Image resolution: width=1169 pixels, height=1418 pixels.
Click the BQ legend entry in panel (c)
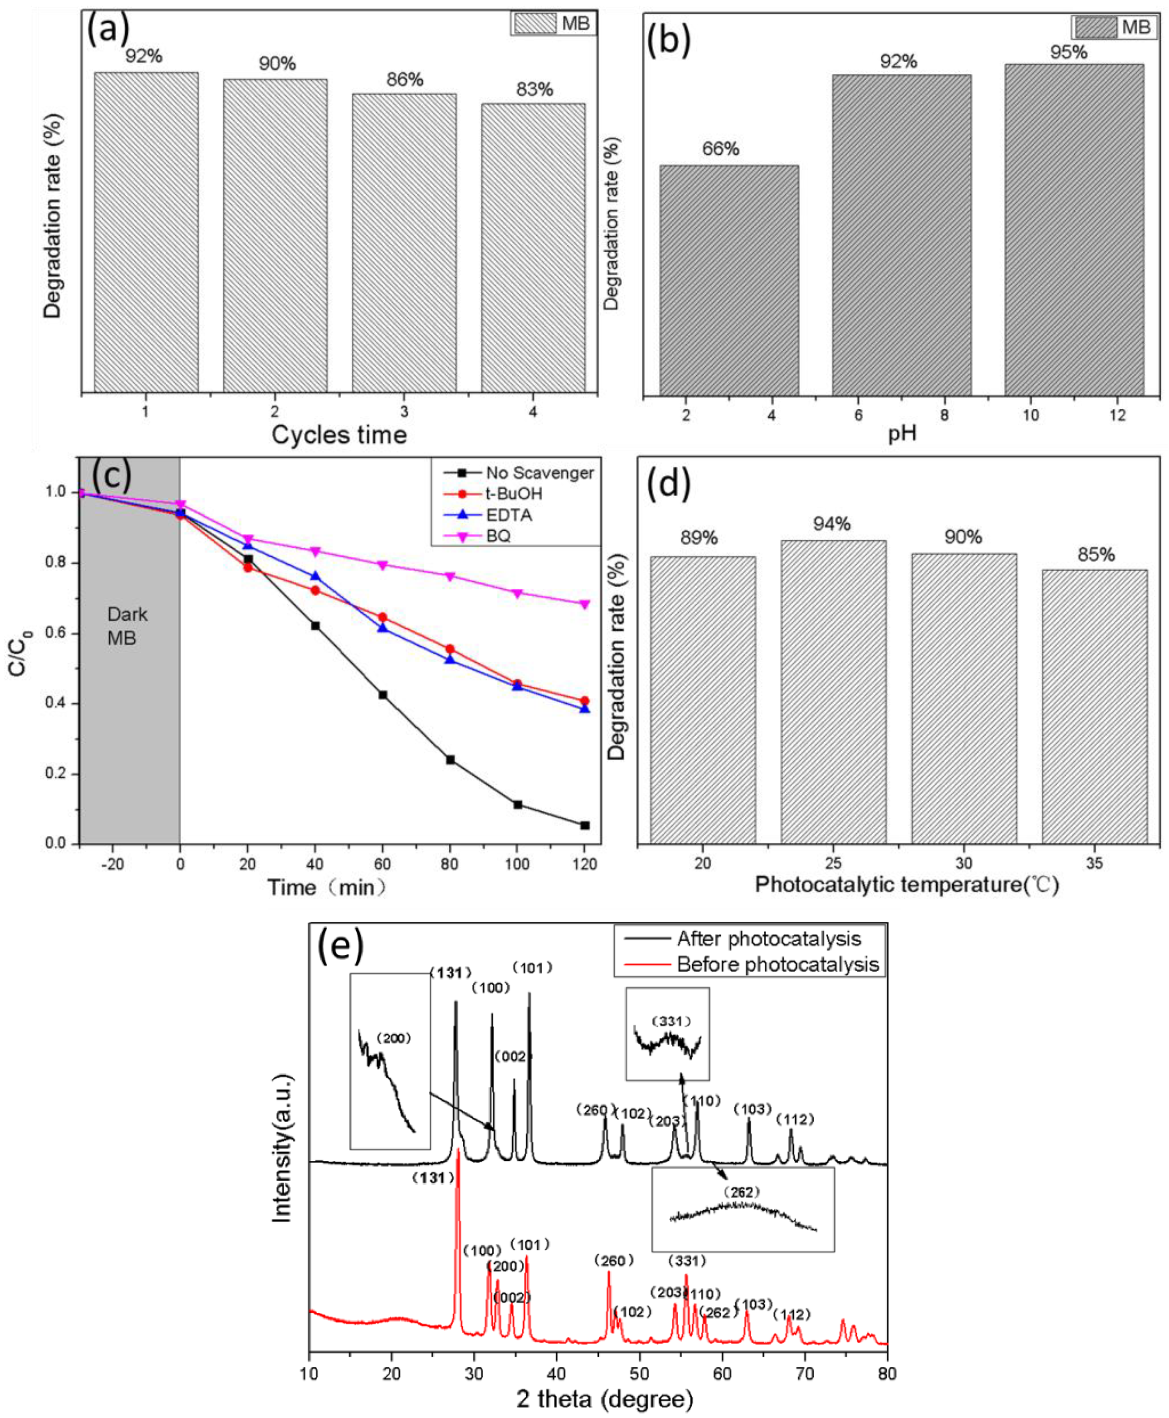tap(498, 536)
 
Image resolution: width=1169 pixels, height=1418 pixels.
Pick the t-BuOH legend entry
tap(513, 494)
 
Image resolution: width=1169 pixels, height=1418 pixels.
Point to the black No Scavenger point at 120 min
tap(585, 825)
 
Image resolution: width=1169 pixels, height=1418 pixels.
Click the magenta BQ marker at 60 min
tap(382, 564)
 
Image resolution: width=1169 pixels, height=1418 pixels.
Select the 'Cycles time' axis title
tap(339, 434)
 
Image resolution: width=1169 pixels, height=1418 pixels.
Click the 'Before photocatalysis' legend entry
tap(777, 964)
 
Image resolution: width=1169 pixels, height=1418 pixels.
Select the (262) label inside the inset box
tap(741, 1193)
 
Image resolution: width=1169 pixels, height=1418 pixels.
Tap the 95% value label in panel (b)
tap(1069, 52)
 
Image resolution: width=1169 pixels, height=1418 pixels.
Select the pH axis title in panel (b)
tap(902, 433)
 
